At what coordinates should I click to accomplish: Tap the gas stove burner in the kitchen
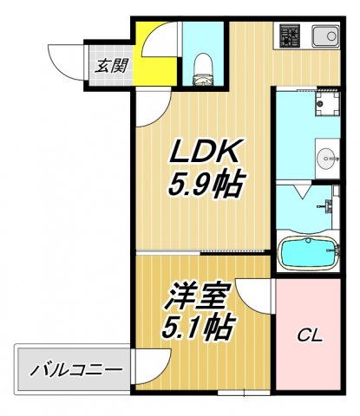(290, 36)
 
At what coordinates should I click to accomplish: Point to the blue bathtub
(309, 253)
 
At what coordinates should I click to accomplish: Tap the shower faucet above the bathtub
(329, 207)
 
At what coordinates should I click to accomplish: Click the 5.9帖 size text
(205, 184)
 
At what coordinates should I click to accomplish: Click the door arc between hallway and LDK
(149, 107)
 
